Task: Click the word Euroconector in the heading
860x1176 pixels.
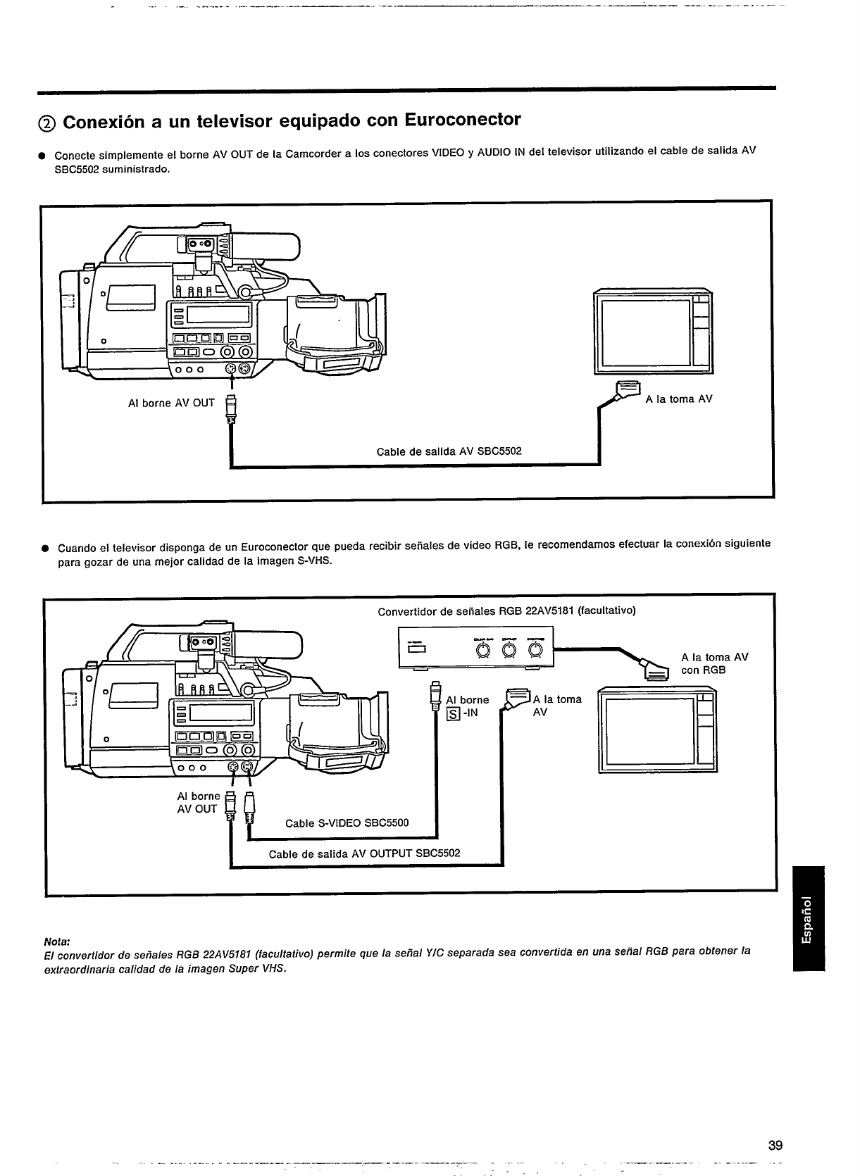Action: (x=463, y=120)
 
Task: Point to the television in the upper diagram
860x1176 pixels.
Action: (x=653, y=331)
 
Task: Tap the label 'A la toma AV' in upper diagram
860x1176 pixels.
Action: (x=678, y=399)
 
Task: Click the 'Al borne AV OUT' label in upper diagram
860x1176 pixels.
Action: (x=171, y=403)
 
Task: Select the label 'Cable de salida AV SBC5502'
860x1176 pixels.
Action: (x=449, y=451)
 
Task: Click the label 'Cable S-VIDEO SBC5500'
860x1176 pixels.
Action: (x=347, y=823)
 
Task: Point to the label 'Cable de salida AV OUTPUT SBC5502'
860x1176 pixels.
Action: (x=364, y=853)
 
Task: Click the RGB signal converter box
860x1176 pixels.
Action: (x=476, y=647)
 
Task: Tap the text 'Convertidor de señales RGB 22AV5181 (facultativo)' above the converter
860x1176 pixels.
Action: (x=506, y=611)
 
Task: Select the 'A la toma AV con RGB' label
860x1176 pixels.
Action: (x=713, y=663)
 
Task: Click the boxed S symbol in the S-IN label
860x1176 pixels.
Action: (x=453, y=713)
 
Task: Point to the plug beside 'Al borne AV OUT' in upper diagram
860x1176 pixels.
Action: (x=230, y=408)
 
